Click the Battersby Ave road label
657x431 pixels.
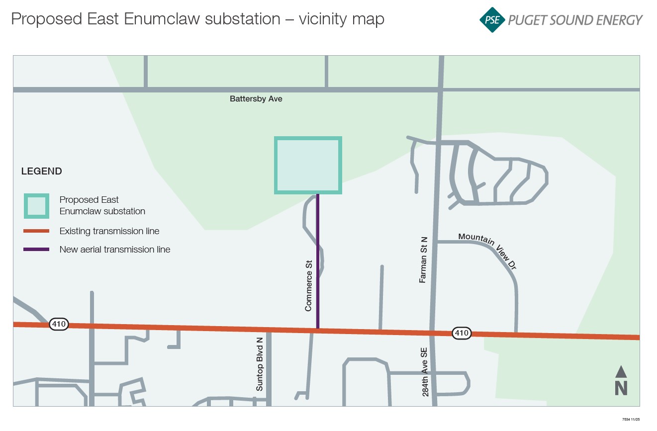coord(256,99)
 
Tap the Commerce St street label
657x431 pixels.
coord(308,286)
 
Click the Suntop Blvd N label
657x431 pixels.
coord(259,364)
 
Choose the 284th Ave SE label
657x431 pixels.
coord(425,371)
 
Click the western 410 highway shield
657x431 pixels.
coord(59,325)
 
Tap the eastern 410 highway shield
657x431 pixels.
coord(462,333)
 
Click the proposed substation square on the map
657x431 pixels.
coord(308,165)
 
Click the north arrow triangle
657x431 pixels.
coord(621,371)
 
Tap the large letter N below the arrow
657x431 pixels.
coord(621,388)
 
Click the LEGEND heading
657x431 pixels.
coord(41,172)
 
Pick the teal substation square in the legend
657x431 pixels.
coord(36,206)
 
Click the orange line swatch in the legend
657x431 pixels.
coord(36,231)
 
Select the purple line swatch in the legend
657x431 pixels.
coord(36,250)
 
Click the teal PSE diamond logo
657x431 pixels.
coord(492,20)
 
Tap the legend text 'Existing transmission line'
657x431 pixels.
coord(109,231)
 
